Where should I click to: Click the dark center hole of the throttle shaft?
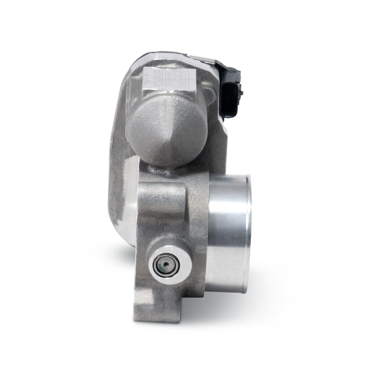(163, 264)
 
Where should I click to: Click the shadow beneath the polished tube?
(231, 300)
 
